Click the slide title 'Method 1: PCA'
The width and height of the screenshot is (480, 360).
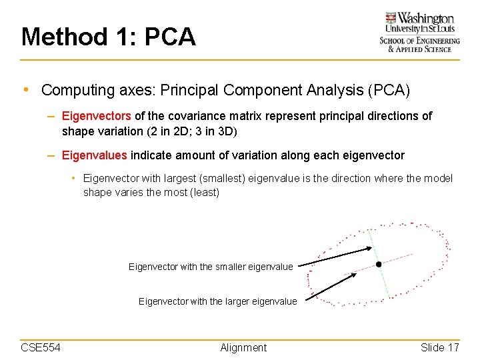109,37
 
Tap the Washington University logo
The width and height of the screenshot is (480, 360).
419,32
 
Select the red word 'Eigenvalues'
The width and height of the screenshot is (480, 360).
94,155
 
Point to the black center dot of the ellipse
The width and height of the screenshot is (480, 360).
379,265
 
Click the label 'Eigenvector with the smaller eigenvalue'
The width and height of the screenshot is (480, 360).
211,267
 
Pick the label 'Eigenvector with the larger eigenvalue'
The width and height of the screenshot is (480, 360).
217,301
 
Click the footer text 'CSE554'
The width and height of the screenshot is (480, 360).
41,347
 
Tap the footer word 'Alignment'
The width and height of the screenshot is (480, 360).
243,347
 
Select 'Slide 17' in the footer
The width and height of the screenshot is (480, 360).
440,347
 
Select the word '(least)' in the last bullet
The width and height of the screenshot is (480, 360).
203,193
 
